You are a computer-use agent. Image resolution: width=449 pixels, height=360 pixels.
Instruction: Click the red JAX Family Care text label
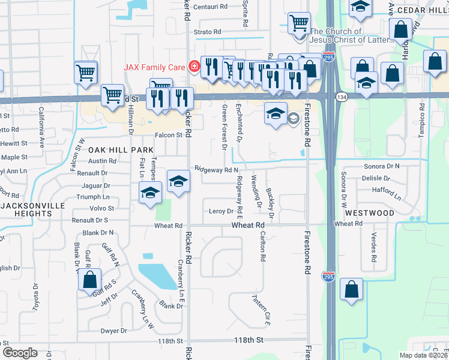(154, 67)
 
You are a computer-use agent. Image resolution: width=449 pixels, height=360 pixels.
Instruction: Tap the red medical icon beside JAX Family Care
(193, 67)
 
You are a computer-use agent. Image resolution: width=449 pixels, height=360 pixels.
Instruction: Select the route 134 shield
(342, 97)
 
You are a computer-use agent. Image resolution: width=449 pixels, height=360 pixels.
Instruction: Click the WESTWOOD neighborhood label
(369, 213)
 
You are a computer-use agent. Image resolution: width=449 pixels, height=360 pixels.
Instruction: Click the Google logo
(20, 353)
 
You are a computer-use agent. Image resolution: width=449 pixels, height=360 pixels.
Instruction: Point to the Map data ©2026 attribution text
(423, 355)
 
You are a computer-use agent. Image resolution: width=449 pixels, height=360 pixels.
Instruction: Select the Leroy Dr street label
(221, 211)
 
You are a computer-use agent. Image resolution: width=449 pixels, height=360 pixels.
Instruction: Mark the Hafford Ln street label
(386, 193)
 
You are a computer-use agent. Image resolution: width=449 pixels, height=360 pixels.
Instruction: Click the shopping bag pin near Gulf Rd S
(89, 280)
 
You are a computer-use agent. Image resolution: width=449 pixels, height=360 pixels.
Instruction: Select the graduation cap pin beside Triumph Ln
(149, 193)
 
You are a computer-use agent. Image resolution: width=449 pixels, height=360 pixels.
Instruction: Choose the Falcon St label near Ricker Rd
(169, 136)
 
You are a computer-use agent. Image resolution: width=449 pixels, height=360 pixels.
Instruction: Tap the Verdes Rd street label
(373, 247)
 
